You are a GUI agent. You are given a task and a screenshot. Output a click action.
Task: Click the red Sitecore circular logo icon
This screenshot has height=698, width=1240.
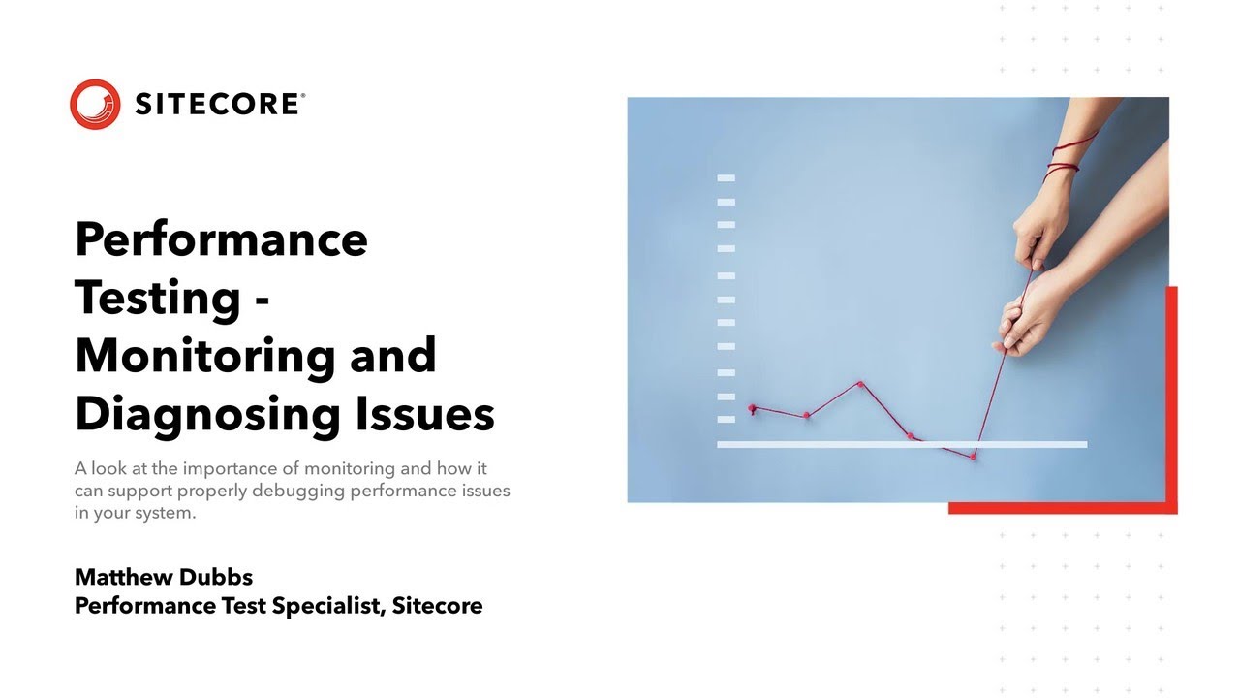point(95,104)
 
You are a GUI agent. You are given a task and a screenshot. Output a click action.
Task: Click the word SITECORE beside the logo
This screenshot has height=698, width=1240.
point(219,105)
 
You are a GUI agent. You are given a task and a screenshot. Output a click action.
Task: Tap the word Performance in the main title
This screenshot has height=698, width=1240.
point(221,238)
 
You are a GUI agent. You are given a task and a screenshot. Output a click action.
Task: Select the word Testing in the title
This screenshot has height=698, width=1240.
point(158,297)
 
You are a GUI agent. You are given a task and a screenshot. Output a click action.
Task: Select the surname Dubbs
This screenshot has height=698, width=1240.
point(222,577)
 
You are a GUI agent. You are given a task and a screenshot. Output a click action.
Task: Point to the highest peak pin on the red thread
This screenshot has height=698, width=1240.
point(860,384)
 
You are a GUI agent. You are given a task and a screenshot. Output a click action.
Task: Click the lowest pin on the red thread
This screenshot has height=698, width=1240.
point(974,456)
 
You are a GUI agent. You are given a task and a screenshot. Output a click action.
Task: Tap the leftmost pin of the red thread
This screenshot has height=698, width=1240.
point(752,408)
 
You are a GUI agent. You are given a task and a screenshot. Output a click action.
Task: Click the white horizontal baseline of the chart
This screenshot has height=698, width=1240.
point(901,444)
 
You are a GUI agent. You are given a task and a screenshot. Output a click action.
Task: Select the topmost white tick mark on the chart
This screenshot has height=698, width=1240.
point(726,178)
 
